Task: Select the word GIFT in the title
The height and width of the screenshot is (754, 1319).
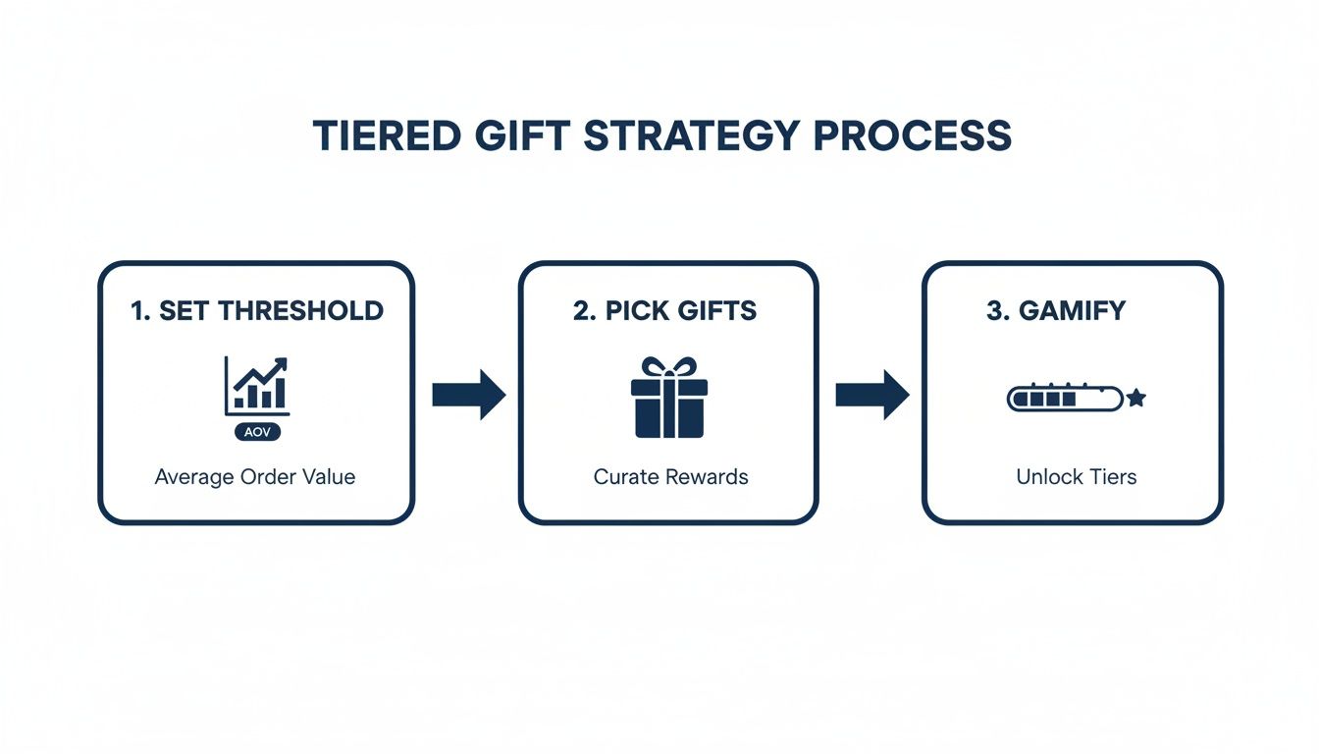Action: pyautogui.click(x=516, y=135)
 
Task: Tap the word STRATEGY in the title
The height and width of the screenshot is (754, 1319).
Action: pyautogui.click(x=691, y=135)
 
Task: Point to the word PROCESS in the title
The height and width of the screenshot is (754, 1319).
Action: pyautogui.click(x=913, y=135)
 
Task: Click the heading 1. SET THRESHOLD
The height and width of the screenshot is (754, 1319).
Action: pyautogui.click(x=256, y=311)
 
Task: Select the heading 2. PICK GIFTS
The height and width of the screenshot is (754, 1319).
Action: pyautogui.click(x=664, y=311)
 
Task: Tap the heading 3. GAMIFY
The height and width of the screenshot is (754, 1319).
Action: pyautogui.click(x=1056, y=311)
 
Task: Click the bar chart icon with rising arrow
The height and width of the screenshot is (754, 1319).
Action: pyautogui.click(x=256, y=384)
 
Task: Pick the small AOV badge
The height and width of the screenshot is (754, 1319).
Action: pyautogui.click(x=256, y=431)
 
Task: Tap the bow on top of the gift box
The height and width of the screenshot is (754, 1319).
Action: pyautogui.click(x=668, y=366)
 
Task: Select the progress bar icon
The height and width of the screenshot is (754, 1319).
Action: pyautogui.click(x=1065, y=399)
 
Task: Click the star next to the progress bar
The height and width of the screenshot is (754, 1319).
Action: pyautogui.click(x=1136, y=398)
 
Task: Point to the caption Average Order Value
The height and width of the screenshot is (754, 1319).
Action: pyautogui.click(x=255, y=477)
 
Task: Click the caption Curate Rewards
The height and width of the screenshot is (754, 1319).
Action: pyautogui.click(x=670, y=477)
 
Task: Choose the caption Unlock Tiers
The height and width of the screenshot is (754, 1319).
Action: pyautogui.click(x=1076, y=477)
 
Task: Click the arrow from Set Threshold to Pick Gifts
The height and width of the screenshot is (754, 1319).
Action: pyautogui.click(x=468, y=395)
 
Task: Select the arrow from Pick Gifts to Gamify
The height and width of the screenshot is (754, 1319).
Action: pyautogui.click(x=871, y=395)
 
